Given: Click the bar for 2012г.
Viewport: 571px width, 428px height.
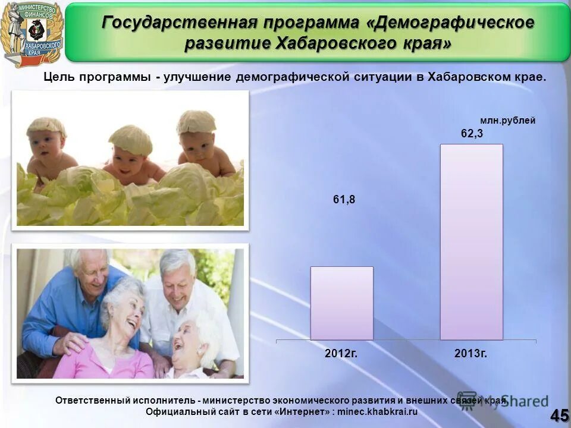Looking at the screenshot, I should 341,303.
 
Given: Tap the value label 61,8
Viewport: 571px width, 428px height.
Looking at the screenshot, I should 344,200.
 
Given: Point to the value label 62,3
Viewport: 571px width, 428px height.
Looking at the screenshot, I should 472,134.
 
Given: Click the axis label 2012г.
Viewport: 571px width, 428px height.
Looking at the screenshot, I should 341,353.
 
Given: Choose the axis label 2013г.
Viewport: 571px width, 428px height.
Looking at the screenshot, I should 471,353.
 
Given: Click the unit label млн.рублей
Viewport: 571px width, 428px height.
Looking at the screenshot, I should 507,121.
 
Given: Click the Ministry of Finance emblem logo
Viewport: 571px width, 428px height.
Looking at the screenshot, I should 32,33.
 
